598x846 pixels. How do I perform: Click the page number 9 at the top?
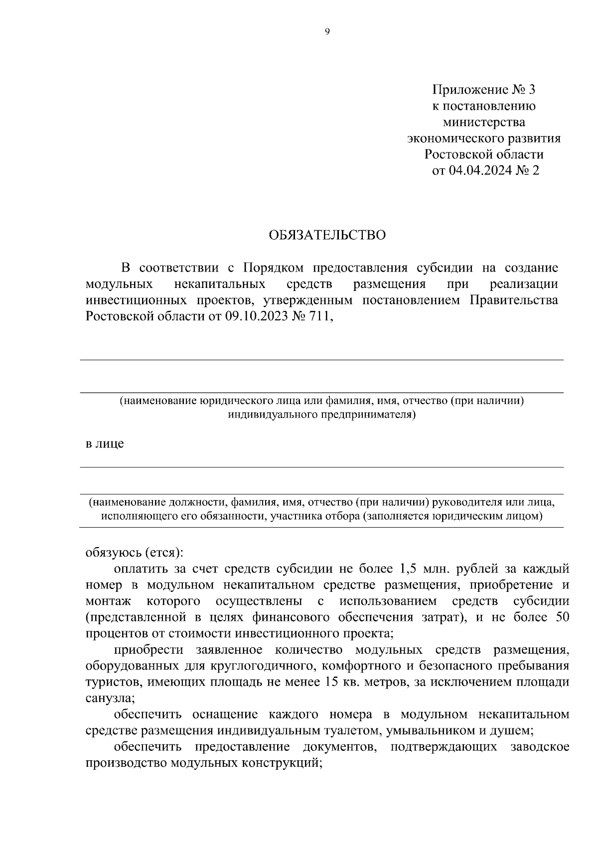(x=327, y=32)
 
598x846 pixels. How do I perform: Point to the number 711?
(x=321, y=317)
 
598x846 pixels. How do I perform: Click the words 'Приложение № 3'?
(x=483, y=90)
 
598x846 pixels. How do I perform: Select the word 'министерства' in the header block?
(x=484, y=123)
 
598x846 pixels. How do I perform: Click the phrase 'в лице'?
(x=105, y=443)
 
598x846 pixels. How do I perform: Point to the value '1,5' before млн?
(x=408, y=568)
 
